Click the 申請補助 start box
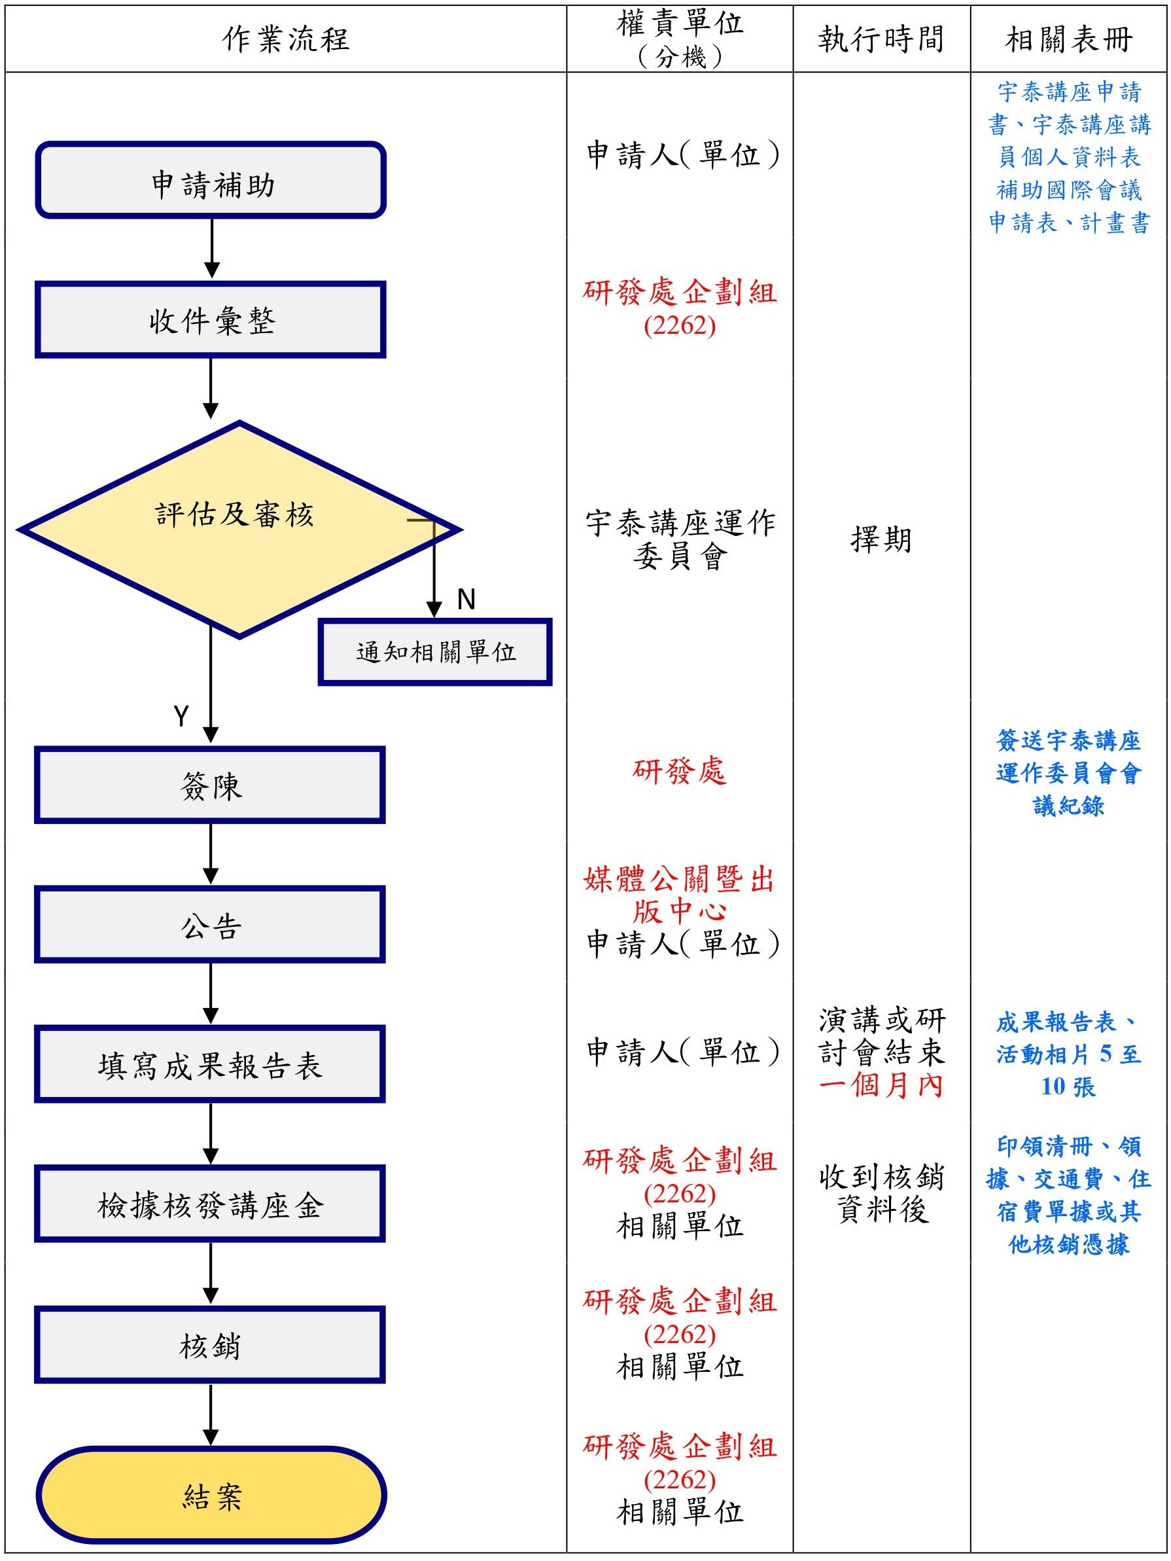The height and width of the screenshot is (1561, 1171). tap(211, 181)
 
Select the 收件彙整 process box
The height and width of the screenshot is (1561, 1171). tap(211, 319)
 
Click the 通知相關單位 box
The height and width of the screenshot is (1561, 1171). tap(435, 651)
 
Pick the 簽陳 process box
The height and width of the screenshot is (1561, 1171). tap(211, 785)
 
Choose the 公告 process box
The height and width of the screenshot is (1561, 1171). tap(211, 924)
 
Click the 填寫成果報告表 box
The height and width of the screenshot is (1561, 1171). tap(211, 1064)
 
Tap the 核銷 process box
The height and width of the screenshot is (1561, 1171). tap(211, 1344)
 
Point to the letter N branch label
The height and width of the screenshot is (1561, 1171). tap(466, 599)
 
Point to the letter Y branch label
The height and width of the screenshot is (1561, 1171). tap(181, 715)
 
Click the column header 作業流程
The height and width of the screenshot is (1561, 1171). tap(286, 39)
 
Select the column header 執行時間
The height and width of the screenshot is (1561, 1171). tap(881, 39)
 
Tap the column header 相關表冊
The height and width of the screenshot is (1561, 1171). tap(1069, 39)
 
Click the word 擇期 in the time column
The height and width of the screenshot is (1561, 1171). tap(881, 540)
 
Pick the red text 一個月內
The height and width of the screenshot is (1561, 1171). tap(881, 1085)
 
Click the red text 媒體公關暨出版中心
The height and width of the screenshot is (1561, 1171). tap(679, 895)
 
